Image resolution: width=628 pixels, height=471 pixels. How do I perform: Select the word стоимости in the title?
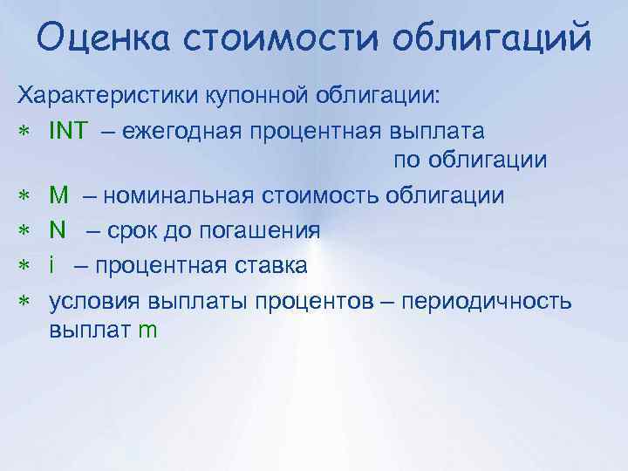[x=283, y=38]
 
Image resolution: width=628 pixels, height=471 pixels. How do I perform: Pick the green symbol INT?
[x=68, y=131]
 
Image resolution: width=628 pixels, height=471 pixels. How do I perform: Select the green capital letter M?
[x=60, y=195]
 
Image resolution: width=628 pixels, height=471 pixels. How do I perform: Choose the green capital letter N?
[x=58, y=229]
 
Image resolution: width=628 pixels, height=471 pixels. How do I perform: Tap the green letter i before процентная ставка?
[x=52, y=264]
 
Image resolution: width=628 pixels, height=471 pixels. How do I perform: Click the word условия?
[x=89, y=301]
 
